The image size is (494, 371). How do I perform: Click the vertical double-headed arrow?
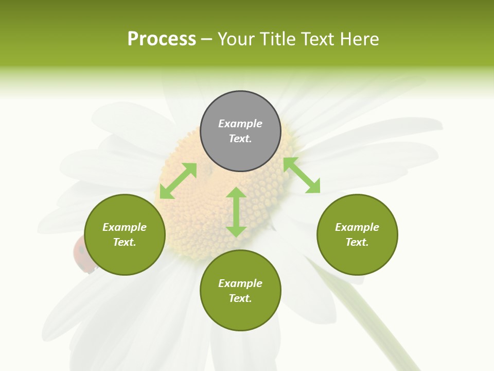pyautogui.click(x=236, y=212)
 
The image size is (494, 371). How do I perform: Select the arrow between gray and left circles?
pyautogui.click(x=178, y=181)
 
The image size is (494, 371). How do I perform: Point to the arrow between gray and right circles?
pyautogui.click(x=302, y=175)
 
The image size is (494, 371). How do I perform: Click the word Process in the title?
pyautogui.click(x=162, y=39)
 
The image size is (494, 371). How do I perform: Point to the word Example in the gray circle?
pyautogui.click(x=240, y=124)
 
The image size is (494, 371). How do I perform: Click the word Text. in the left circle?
pyautogui.click(x=125, y=242)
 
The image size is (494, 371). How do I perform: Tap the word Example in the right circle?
pyautogui.click(x=357, y=227)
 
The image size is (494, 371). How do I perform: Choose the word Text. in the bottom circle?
pyautogui.click(x=240, y=298)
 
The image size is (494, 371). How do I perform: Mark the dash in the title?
pyautogui.click(x=207, y=39)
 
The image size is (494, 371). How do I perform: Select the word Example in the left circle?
pyautogui.click(x=125, y=227)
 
